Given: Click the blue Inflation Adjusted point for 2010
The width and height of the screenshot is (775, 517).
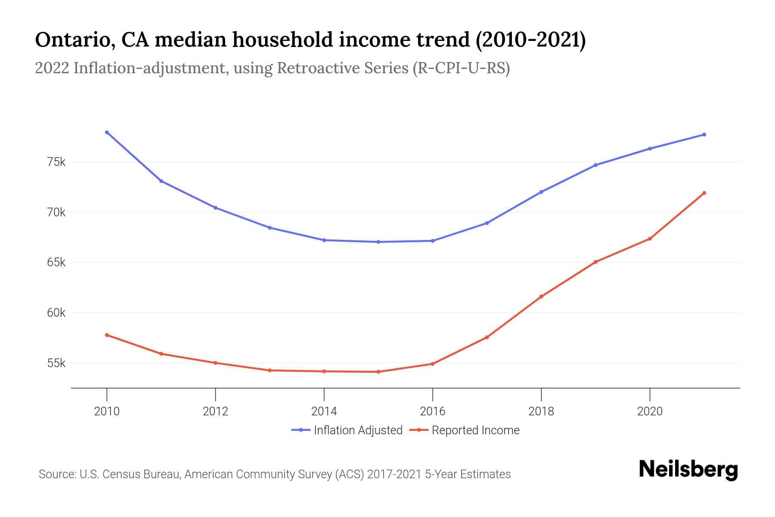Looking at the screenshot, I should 107,132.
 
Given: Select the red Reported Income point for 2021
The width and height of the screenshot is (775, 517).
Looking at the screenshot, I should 704,193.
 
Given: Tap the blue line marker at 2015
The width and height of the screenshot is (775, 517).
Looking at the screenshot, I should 378,242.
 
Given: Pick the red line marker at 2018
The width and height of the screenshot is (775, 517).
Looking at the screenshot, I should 541,296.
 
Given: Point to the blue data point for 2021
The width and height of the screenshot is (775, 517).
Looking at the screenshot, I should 704,135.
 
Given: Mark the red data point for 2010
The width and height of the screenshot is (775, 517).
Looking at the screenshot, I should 107,335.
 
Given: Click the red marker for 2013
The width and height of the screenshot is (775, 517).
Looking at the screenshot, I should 270,370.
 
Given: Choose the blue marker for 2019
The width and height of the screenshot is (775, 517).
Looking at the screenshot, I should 595,165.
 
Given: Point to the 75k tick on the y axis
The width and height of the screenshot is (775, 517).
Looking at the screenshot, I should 56,162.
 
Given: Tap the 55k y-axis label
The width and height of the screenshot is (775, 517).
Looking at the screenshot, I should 56,363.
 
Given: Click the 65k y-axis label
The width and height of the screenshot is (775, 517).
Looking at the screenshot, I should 56,262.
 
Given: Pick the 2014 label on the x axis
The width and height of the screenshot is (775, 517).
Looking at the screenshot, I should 324,411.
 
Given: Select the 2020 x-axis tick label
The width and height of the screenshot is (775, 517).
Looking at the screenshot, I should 649,411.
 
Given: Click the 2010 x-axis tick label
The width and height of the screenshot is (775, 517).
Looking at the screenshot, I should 107,411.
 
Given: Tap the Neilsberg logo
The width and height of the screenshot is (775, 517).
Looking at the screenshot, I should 688,470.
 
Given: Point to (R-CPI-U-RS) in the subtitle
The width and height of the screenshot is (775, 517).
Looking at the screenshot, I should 461,68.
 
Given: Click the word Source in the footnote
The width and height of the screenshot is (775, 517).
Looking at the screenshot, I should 57,474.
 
